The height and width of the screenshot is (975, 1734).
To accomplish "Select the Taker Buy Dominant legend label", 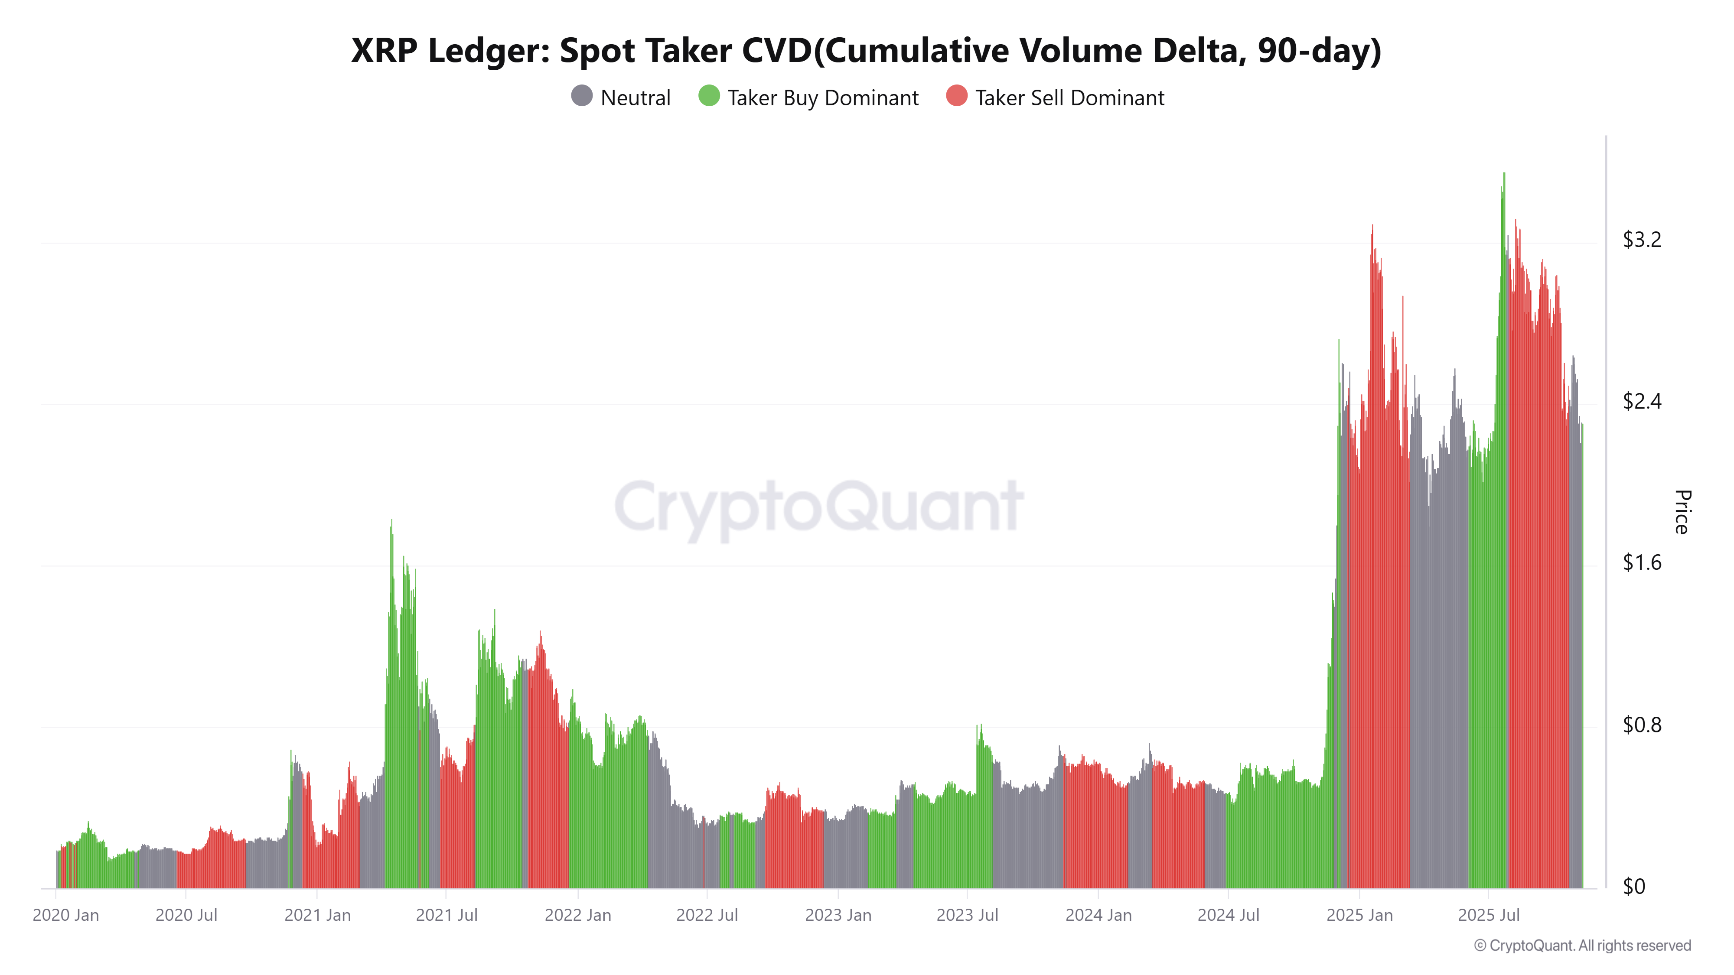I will pos(823,98).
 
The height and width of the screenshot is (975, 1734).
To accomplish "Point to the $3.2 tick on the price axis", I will pos(1641,240).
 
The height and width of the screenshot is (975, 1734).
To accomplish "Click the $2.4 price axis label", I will pos(1641,402).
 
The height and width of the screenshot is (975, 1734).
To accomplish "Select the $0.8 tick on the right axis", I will pos(1641,725).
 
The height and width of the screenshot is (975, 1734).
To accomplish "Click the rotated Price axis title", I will pos(1682,512).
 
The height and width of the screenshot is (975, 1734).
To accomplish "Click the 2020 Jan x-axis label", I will pos(66,915).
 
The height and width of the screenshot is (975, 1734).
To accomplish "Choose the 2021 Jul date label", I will pos(447,915).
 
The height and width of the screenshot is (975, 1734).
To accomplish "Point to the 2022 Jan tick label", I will pos(577,915).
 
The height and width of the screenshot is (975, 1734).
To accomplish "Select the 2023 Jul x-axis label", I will pos(967,915).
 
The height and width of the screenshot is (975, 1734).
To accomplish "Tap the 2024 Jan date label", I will pos(1098,915).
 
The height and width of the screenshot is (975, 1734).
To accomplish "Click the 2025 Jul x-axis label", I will pos(1488,915).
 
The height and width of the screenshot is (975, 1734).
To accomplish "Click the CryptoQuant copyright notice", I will pos(1582,946).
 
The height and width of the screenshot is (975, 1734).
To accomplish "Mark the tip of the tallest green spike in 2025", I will pos(1504,174).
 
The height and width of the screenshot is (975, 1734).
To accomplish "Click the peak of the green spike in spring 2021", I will pos(392,520).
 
